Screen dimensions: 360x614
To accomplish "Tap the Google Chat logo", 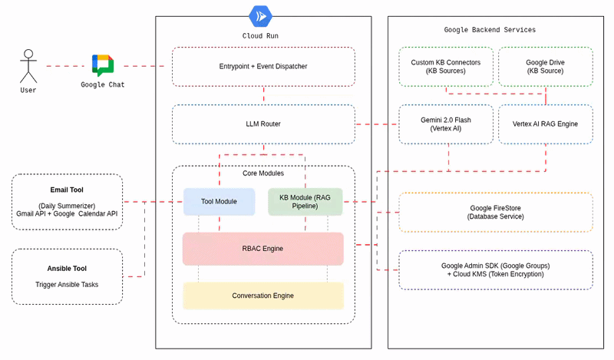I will (x=102, y=65).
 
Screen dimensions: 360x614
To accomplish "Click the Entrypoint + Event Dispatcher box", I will (x=263, y=67).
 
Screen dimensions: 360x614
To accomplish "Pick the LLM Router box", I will (x=263, y=124).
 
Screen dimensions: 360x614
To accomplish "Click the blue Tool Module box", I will (x=219, y=201).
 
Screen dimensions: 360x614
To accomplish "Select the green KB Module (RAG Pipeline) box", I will (x=305, y=201).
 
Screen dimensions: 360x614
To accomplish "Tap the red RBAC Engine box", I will (x=263, y=249).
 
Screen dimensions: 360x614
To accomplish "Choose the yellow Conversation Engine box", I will (x=263, y=296).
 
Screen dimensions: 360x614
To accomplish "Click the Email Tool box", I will (x=67, y=202).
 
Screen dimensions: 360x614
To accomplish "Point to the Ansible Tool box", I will (x=67, y=276).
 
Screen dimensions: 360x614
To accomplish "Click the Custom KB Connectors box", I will (x=446, y=67).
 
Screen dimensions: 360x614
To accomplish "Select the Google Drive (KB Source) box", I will (x=545, y=67).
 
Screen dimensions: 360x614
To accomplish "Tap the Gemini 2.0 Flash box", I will (x=446, y=124).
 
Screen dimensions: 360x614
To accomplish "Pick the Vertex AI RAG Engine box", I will (x=545, y=124).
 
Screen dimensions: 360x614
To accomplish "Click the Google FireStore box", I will (x=496, y=213).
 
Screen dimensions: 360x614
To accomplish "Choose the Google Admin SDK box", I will (x=496, y=269).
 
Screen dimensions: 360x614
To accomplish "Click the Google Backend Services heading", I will (x=490, y=30).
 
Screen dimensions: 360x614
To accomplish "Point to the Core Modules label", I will (x=263, y=174).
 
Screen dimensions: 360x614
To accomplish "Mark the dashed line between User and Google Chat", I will (x=63, y=66).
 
